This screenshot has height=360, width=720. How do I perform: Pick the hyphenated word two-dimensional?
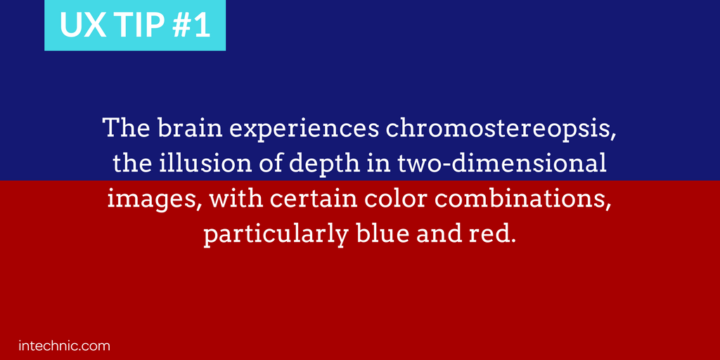point(500,164)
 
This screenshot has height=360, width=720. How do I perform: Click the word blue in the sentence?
point(382,235)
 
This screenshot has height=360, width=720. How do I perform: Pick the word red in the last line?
point(491,235)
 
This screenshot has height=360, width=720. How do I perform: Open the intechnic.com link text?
point(64,346)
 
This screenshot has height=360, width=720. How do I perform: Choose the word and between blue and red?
point(438,235)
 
